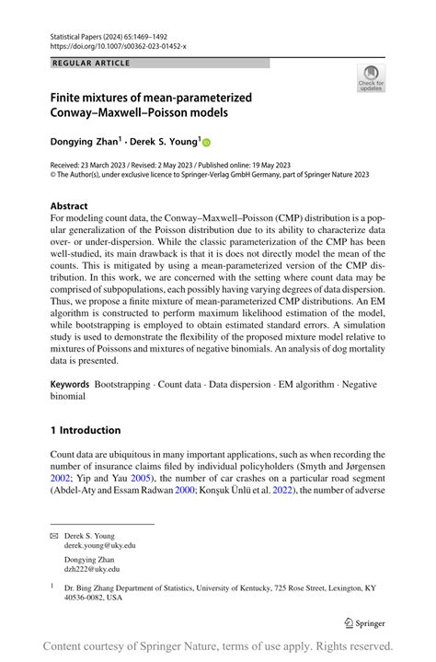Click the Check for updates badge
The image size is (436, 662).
tap(371, 77)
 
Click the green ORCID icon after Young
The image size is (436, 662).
tap(206, 143)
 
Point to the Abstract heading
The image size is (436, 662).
tap(69, 206)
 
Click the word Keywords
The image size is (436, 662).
tap(69, 382)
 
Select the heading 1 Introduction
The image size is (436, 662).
tap(86, 430)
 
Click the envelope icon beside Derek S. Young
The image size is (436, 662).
tap(54, 534)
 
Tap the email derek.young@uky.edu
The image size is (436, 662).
tap(99, 545)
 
